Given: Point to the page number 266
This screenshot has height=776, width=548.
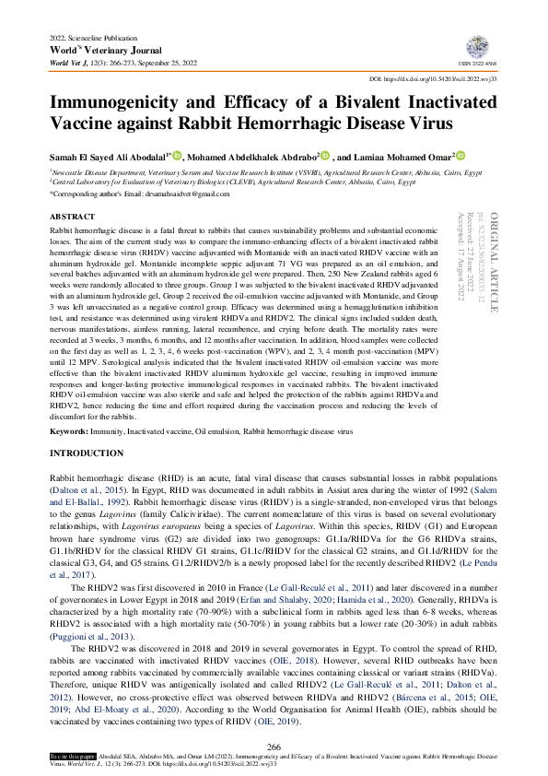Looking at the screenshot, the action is (x=274, y=745).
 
